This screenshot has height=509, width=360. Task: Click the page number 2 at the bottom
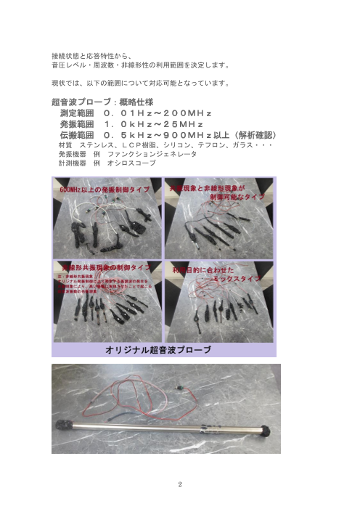pyautogui.click(x=180, y=480)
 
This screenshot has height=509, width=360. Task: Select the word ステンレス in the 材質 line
pyautogui.click(x=100, y=145)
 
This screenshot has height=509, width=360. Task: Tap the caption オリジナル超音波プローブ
pyautogui.click(x=159, y=349)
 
